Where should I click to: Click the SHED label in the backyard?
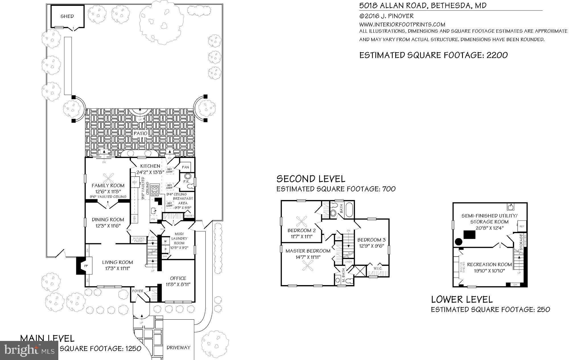pos(67,16)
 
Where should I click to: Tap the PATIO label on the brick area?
pos(140,133)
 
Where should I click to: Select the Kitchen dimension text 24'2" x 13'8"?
pos(150,172)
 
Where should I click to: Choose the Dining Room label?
pos(108,219)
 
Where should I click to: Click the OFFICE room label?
pos(178,278)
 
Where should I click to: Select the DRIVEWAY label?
pos(178,347)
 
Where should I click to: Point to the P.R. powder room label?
pos(186,181)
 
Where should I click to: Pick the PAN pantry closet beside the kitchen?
pos(185,167)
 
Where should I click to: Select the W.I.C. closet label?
pos(378,268)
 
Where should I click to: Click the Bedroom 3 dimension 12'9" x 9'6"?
pos(371,246)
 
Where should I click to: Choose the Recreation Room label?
pos(489,264)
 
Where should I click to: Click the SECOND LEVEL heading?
pos(311,179)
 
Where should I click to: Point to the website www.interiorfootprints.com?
pos(402,24)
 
